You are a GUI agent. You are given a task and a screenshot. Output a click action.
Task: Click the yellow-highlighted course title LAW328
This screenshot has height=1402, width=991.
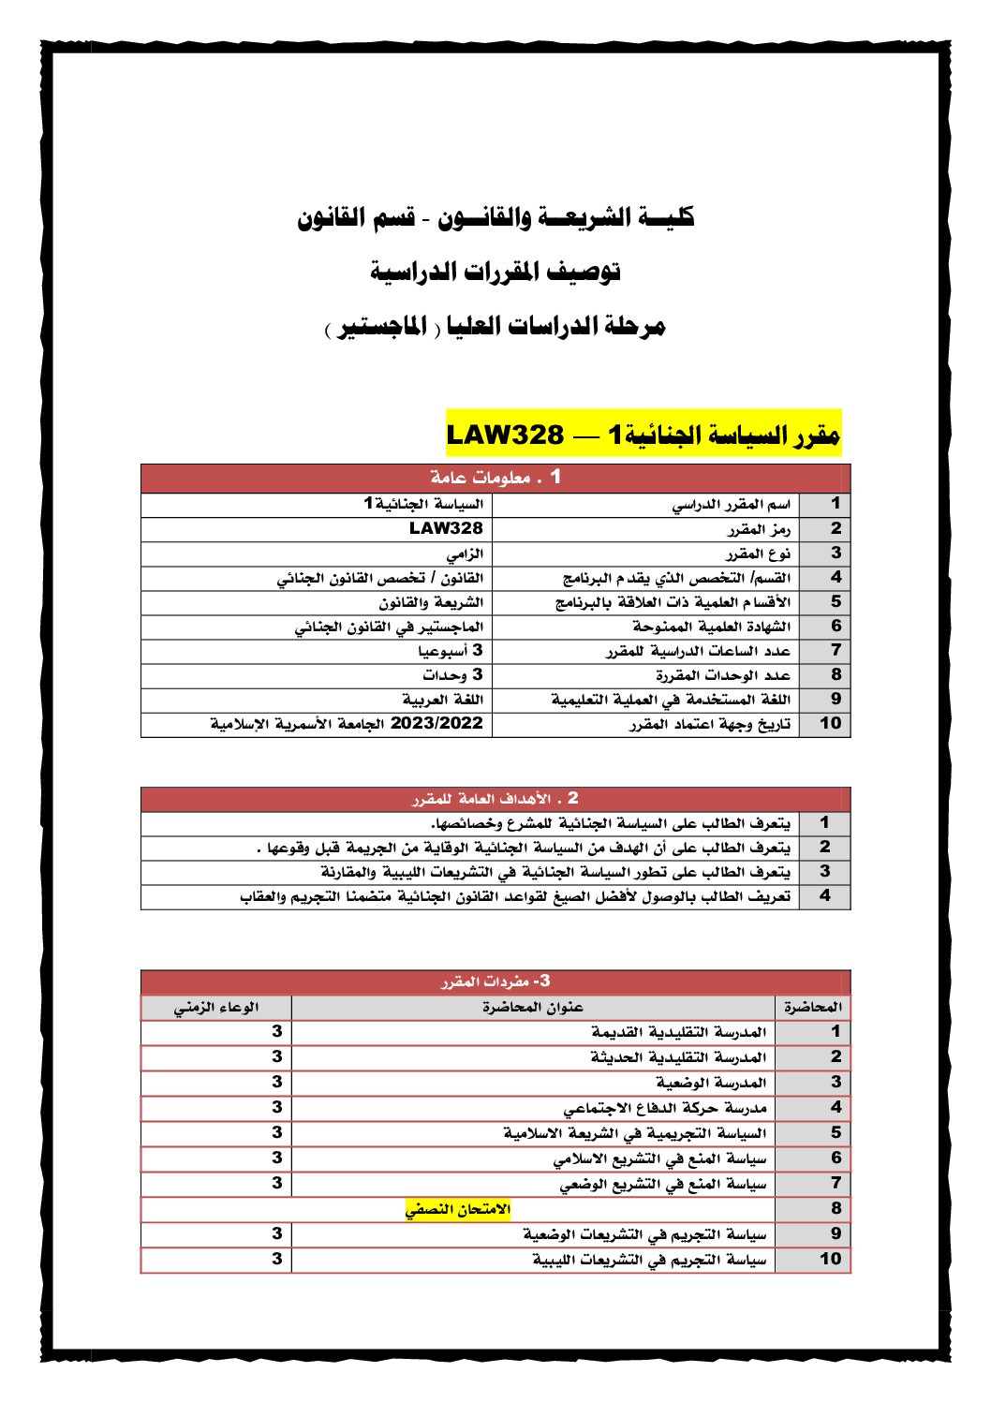point(643,435)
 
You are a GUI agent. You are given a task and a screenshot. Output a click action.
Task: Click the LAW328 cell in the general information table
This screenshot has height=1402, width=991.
point(446,528)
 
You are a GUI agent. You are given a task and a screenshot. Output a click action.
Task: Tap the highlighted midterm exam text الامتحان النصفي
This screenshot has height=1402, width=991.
point(458,1209)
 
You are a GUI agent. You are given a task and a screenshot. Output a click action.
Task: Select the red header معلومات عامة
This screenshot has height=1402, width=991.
point(495,478)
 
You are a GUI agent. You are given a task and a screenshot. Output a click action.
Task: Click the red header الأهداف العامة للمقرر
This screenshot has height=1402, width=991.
point(495,799)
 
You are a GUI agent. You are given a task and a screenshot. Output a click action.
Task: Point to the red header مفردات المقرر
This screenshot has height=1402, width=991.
point(495,981)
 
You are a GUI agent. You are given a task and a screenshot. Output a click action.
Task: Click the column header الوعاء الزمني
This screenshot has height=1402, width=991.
point(216,1008)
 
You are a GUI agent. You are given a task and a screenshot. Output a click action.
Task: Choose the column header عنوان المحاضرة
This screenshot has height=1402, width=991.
point(533,1008)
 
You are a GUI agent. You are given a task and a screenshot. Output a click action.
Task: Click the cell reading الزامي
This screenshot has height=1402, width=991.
point(465,553)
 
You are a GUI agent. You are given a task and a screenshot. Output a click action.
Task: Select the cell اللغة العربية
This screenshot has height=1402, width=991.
point(443,700)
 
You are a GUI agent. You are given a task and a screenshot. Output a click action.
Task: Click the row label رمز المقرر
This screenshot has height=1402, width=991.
point(759,529)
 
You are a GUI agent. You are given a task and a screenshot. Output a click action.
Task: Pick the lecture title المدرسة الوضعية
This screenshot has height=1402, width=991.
point(711,1083)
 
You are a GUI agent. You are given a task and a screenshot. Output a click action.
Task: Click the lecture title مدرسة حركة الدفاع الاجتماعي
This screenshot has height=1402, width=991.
point(665,1108)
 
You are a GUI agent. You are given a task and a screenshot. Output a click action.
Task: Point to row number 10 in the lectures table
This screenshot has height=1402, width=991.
point(830,1259)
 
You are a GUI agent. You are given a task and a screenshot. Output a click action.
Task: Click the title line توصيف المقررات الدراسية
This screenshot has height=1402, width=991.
point(495,272)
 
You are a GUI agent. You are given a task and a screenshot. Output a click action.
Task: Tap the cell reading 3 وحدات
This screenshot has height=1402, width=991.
point(452,675)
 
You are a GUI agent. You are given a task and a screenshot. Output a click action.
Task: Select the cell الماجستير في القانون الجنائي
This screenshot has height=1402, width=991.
point(389,627)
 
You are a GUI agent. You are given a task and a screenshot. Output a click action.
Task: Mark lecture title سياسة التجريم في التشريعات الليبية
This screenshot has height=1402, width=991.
point(649,1260)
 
